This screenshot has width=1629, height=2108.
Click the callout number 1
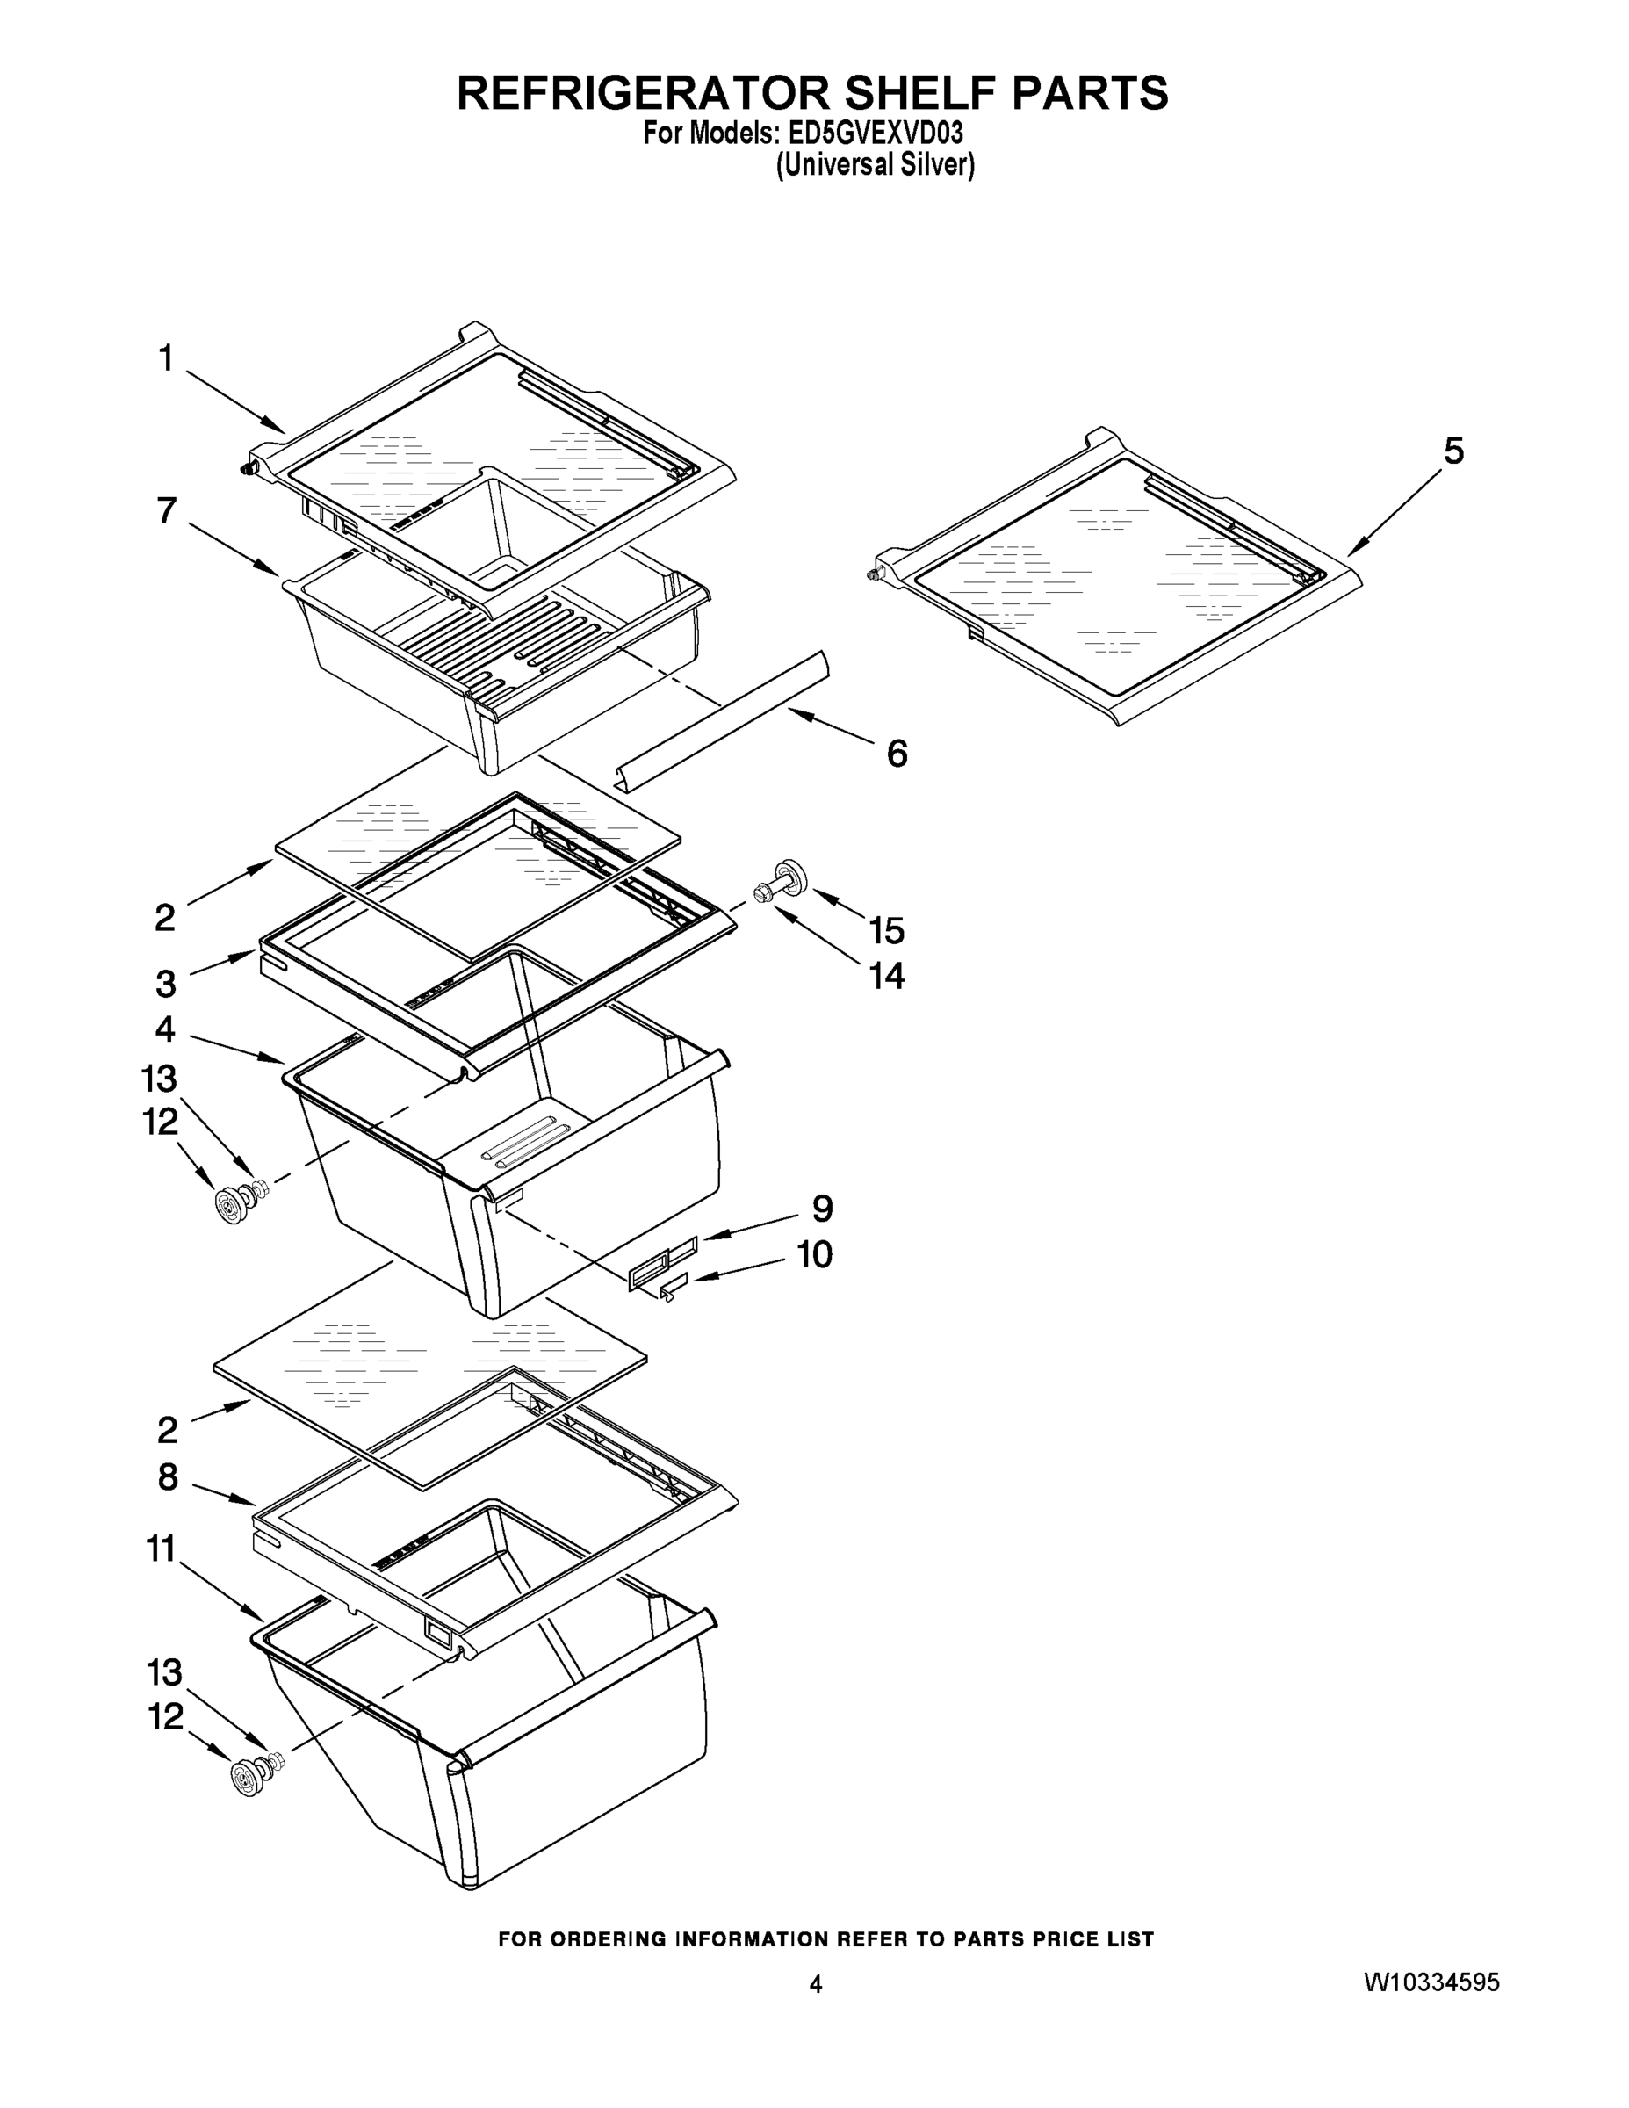coord(166,359)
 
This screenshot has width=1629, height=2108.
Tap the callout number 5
coord(1453,451)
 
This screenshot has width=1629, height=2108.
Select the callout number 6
coord(897,753)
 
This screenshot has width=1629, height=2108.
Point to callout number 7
coord(167,510)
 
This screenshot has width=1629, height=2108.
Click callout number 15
coord(886,930)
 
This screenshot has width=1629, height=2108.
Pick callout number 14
coord(886,976)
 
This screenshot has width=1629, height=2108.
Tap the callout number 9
coord(822,1209)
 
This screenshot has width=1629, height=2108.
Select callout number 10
coord(813,1255)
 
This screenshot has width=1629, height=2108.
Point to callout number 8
coord(168,1476)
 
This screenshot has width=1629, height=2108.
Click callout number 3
coord(166,985)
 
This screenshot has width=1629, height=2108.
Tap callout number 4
coord(166,1030)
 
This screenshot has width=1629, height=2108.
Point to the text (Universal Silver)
coord(876,165)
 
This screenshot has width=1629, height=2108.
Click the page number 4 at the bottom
coord(816,1984)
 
